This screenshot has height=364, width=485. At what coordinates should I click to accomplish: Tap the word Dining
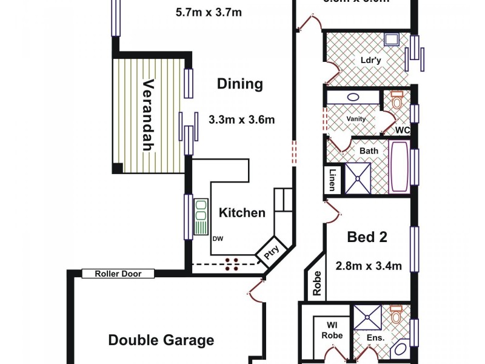240,84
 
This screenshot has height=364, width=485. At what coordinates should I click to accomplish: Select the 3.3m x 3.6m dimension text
241,120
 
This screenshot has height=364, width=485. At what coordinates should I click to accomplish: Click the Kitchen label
242,212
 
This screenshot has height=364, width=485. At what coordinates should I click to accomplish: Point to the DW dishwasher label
217,238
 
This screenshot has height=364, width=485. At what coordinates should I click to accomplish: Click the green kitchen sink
201,217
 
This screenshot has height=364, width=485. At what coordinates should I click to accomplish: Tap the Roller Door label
118,274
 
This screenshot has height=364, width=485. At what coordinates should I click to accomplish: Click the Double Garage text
161,340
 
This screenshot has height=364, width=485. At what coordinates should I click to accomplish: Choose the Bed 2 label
367,237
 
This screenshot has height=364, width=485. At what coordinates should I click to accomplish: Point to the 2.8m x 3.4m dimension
369,265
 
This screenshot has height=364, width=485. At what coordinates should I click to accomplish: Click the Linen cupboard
332,180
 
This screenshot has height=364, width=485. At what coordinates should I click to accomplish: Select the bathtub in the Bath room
399,167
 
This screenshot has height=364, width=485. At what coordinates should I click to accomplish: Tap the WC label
403,130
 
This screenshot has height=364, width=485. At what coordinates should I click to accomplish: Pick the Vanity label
356,119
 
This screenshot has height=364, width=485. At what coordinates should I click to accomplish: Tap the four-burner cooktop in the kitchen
231,263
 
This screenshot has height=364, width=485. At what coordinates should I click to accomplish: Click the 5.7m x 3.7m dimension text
209,12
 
